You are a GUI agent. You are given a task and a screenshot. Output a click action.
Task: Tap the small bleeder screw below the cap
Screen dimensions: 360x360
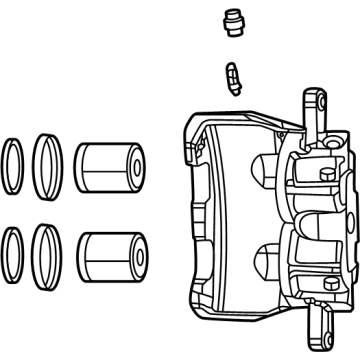233,75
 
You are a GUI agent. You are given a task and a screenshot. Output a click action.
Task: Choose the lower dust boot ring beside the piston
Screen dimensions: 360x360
47,255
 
